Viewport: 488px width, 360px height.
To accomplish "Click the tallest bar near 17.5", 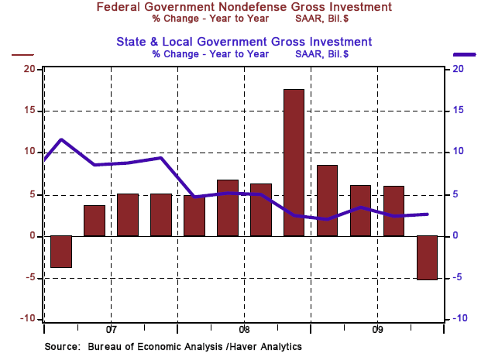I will (294, 163).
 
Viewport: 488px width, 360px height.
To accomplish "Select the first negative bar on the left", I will (61, 252).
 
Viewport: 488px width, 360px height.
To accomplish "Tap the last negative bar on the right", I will (427, 257).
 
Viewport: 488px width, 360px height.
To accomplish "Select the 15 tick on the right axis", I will (458, 111).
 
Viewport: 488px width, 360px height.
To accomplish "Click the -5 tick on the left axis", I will (30, 277).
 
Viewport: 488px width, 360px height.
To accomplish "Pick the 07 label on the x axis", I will (110, 328).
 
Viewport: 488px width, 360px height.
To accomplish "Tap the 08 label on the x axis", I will (244, 328).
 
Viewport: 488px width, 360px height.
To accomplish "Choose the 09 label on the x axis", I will (377, 328).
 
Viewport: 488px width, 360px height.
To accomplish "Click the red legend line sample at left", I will (22, 54).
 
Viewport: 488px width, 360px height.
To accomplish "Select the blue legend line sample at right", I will (466, 54).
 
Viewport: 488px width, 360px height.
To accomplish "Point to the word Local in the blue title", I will (202, 41).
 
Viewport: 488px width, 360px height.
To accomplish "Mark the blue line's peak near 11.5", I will (61, 140).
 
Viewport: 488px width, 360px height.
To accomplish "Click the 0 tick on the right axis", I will (455, 235).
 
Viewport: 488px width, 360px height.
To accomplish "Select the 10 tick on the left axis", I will (30, 153).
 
